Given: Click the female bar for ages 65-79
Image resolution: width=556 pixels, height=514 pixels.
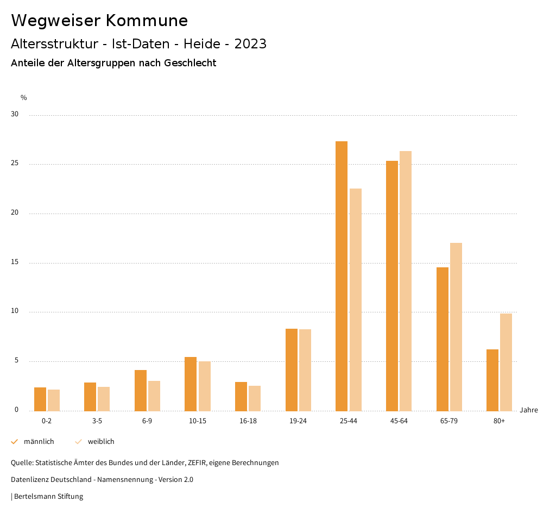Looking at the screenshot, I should point(456,327).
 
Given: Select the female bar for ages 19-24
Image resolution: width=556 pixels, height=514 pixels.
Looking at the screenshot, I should point(305,370).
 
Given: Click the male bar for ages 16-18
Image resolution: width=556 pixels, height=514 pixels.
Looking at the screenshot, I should point(241,396).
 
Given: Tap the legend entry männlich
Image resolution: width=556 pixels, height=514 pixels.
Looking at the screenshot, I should point(39,442).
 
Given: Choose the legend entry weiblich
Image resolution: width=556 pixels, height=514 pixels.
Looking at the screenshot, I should point(101,442).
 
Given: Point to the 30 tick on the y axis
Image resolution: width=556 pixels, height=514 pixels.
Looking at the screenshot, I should point(15,115).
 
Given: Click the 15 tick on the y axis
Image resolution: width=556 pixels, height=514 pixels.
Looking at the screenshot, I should point(15,262).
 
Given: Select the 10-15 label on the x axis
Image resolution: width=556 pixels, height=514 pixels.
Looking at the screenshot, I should point(198,421).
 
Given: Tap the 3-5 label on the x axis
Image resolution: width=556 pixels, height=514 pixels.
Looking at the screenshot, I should point(97,421).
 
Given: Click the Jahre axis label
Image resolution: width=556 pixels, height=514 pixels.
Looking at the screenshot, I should point(529,410).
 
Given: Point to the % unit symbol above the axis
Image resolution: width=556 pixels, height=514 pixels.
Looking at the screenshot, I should point(24,98).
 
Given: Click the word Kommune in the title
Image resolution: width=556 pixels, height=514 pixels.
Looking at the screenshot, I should point(147,21).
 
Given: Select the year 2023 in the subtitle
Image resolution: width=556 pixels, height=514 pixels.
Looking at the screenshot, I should point(251,44).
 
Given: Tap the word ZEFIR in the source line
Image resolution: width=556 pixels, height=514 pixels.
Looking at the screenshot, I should point(194,463).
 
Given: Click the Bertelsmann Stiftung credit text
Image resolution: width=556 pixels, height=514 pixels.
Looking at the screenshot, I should point(48,496).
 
